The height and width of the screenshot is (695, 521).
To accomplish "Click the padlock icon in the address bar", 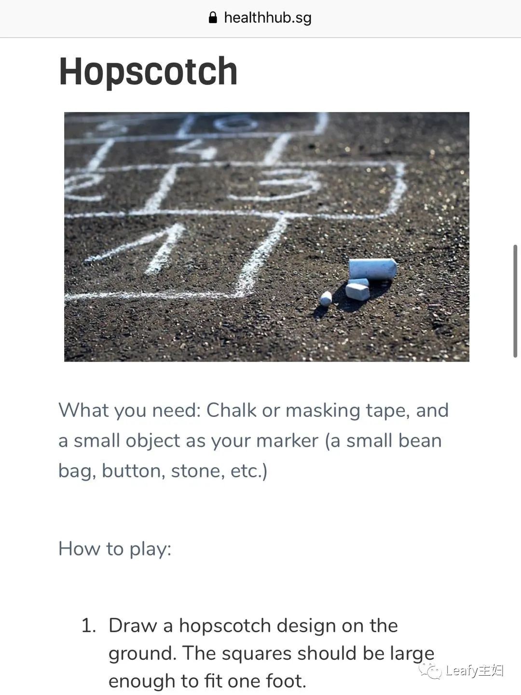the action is point(213,17).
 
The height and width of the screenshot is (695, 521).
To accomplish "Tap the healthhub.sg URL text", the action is point(268,18).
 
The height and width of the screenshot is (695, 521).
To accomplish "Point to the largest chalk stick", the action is point(373,269).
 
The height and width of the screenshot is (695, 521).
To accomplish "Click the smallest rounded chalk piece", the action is point(326,299).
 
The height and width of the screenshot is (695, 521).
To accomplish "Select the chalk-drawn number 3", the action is point(278,184).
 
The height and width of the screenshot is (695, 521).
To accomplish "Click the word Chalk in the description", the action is point(231,410).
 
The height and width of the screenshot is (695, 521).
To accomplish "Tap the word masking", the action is point(323,411).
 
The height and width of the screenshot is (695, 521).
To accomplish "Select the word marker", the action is point(287,441).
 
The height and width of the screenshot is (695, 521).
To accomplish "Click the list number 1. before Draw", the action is point(89,625).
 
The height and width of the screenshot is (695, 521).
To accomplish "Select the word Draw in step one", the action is point(133,625).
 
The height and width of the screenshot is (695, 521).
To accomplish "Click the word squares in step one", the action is point(256,654).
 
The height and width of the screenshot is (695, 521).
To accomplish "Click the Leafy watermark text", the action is point(474,671).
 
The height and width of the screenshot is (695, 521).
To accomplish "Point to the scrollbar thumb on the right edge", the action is point(515,301).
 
